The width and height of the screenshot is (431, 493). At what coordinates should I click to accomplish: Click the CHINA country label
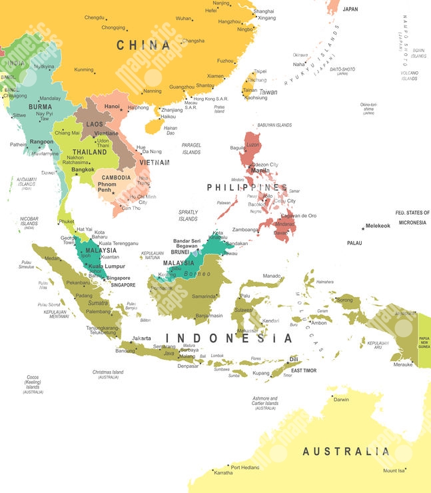point(143,45)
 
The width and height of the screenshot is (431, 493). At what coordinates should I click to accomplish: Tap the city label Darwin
point(341,400)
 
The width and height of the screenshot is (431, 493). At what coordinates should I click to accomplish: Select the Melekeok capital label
point(378,227)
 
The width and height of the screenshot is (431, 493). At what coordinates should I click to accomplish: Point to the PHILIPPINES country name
point(246,188)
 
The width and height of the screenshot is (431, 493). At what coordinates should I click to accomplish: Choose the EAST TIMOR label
point(303,370)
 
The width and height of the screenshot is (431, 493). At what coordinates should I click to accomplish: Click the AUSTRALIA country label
point(346,452)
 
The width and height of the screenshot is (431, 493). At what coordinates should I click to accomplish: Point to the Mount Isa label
point(393,471)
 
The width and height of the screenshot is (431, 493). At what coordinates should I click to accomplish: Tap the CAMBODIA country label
point(116,178)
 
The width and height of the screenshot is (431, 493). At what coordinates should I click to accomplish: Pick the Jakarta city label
point(141,338)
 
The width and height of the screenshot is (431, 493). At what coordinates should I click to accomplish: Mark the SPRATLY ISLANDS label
point(188,215)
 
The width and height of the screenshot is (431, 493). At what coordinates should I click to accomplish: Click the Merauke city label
point(402,364)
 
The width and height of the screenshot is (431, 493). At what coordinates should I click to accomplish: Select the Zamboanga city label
point(246,229)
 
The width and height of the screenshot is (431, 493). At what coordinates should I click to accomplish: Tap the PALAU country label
point(354,243)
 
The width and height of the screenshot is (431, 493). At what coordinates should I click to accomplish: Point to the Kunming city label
point(84,69)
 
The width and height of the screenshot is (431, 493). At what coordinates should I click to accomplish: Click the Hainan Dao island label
point(171,130)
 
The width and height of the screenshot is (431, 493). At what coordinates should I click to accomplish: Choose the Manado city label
point(272,275)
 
